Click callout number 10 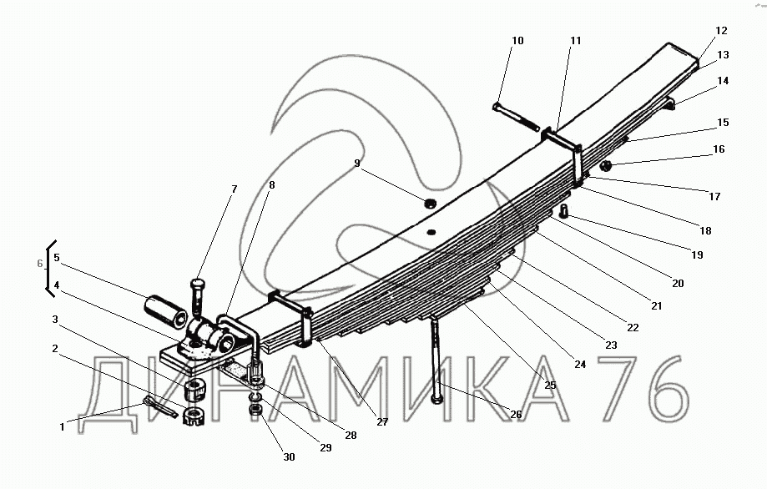517,41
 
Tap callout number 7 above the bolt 234,189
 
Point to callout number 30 288,457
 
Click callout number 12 721,31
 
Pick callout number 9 357,164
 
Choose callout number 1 62,427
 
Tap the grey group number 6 38,264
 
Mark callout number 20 678,284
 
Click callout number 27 381,422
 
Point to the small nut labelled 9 431,203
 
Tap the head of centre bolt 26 438,398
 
